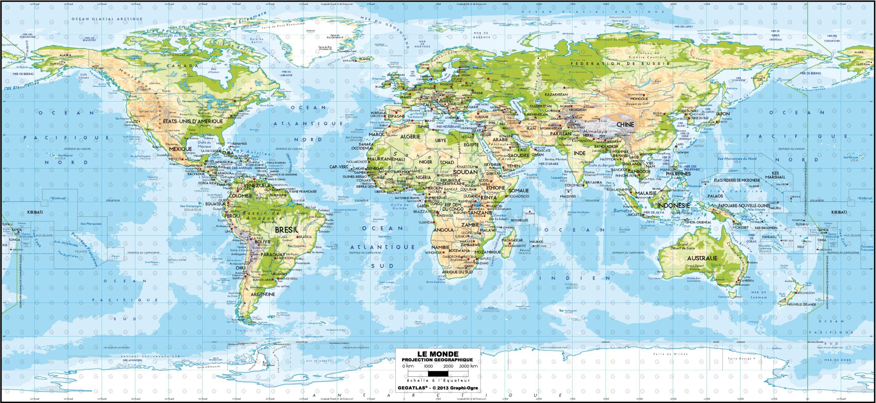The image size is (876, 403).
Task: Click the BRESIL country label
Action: (286, 230)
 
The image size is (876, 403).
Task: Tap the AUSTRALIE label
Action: (702, 258)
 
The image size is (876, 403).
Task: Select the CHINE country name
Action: (625, 125)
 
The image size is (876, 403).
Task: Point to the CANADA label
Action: (182, 66)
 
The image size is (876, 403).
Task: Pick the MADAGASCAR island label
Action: (512, 240)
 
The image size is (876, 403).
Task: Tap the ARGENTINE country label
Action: (263, 294)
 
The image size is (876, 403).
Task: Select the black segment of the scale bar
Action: (438, 374)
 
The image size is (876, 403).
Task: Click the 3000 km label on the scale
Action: (468, 366)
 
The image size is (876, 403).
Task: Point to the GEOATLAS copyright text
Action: (438, 388)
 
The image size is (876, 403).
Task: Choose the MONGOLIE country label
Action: (639, 99)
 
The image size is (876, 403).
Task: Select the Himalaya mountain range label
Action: (595, 131)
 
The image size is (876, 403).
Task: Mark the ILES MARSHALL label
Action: (775, 175)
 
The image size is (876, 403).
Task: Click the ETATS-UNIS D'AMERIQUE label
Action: (193, 121)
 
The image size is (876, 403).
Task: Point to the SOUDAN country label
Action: (465, 172)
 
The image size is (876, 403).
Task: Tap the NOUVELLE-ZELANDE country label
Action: (801, 304)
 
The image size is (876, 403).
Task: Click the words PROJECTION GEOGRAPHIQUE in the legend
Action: (437, 360)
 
